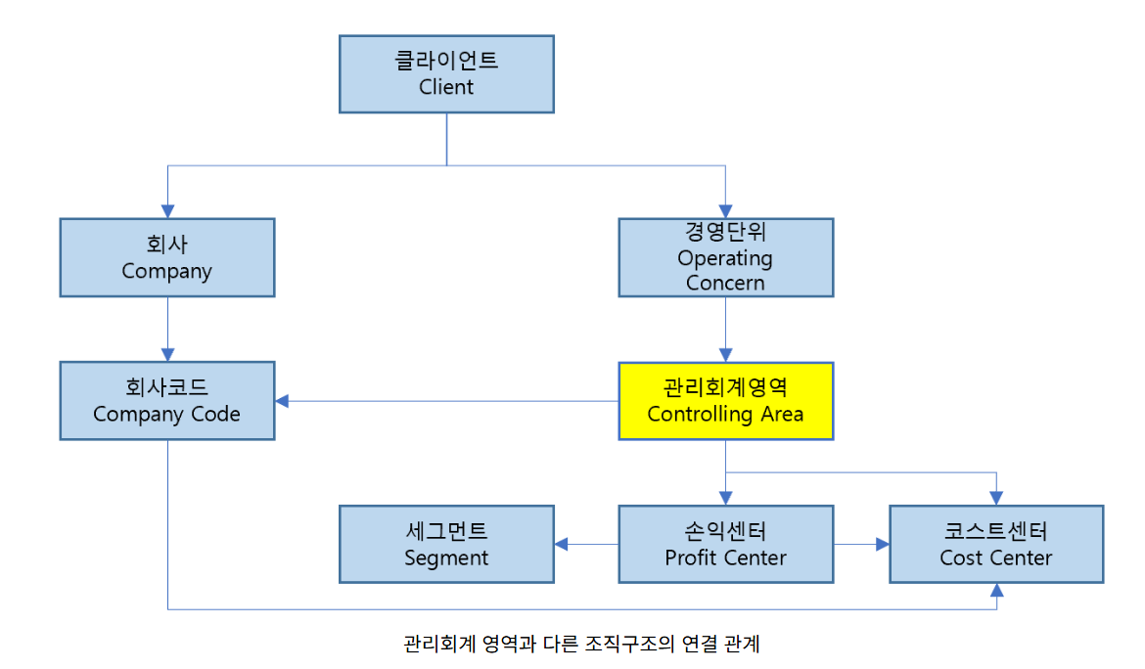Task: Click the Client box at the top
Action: coord(446,74)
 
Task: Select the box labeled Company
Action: coord(166,257)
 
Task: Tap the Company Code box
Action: coord(166,401)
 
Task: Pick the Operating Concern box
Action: coord(725,257)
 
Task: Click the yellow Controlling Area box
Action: coord(725,401)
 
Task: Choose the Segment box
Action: coord(446,544)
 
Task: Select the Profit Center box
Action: coord(725,544)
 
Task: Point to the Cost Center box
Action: coord(995,544)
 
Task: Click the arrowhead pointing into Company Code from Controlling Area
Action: coord(283,401)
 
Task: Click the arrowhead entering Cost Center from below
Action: coord(996,590)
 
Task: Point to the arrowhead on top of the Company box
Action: coord(167,210)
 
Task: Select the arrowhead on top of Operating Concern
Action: coord(725,210)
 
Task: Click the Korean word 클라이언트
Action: coord(446,61)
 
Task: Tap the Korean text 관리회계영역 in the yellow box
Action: coord(725,387)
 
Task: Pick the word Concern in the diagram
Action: coord(725,283)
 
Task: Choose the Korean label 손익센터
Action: coord(725,531)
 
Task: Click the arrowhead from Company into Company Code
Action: coord(167,354)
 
